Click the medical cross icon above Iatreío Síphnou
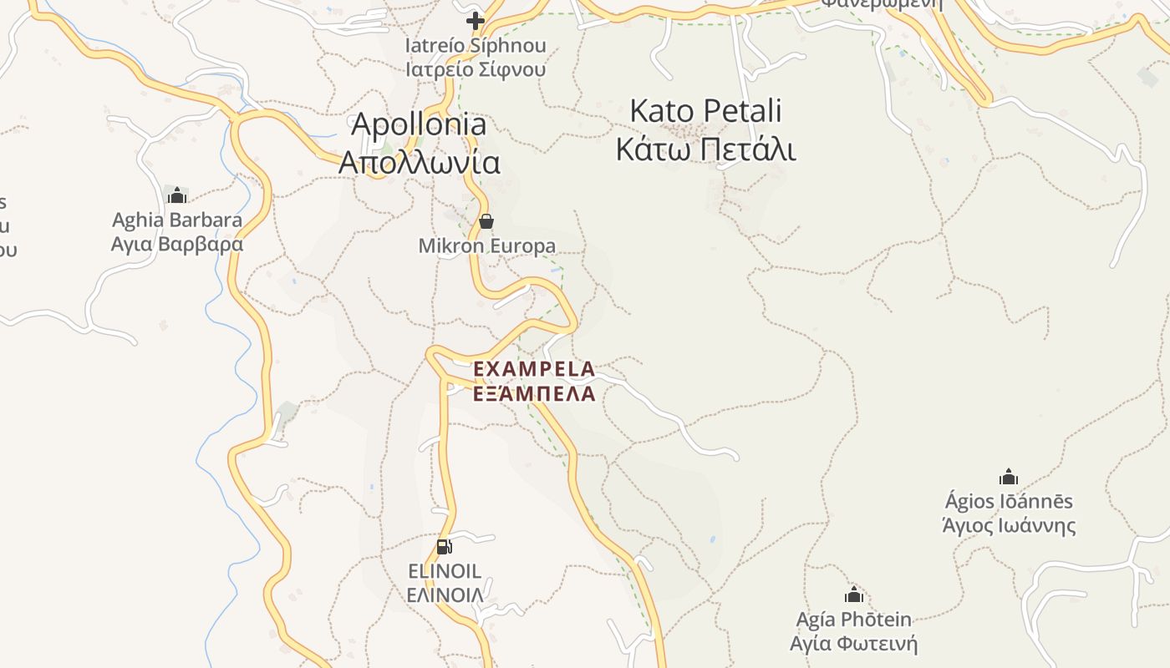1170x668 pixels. click(x=476, y=20)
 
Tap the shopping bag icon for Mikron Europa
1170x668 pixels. click(x=486, y=221)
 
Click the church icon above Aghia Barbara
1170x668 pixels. click(x=177, y=195)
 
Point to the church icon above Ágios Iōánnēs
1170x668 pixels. click(x=1009, y=477)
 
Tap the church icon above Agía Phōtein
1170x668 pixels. click(x=854, y=595)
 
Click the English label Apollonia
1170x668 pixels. click(x=419, y=124)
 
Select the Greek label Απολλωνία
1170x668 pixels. click(x=420, y=162)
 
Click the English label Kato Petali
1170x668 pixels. click(x=705, y=110)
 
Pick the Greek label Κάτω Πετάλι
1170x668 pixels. click(x=705, y=149)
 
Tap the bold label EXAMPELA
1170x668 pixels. click(x=534, y=369)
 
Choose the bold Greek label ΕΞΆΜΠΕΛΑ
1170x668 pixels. click(x=534, y=393)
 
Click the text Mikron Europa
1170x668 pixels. click(x=486, y=246)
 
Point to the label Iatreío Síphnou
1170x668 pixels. click(x=476, y=45)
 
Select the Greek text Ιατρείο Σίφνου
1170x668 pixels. click(x=476, y=69)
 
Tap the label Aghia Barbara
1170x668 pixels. click(x=177, y=220)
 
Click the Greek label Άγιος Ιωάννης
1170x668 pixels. click(x=1009, y=526)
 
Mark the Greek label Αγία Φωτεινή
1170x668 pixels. click(x=854, y=644)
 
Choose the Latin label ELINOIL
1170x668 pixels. click(x=445, y=572)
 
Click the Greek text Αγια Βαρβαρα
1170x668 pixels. click(x=177, y=245)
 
